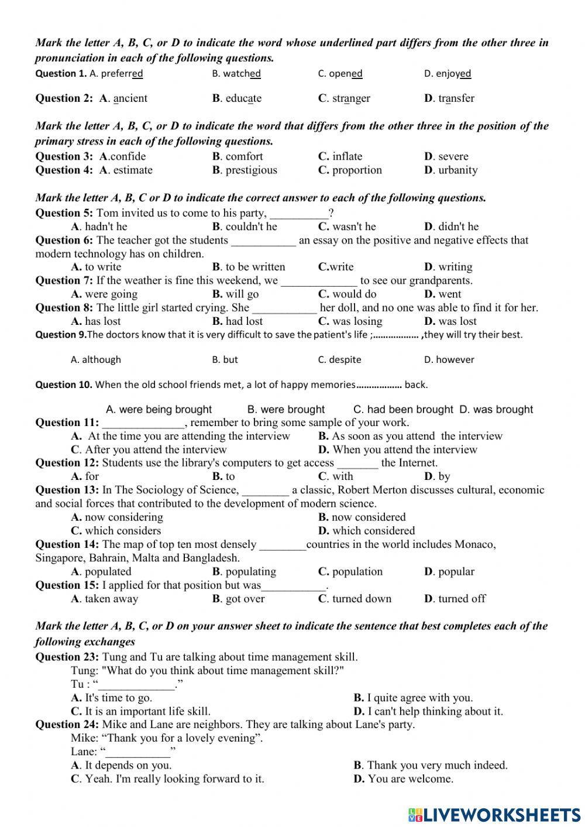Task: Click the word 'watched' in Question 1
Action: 242,74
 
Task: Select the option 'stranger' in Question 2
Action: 350,98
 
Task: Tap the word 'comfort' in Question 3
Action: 244,156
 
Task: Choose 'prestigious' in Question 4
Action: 251,170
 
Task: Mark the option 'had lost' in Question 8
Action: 244,321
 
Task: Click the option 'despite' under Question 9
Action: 345,360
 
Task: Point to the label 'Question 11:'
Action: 67,423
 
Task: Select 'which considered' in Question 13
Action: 373,531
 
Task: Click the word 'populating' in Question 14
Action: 250,572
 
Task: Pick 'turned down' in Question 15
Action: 362,599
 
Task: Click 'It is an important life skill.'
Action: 147,712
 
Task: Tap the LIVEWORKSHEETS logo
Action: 494,814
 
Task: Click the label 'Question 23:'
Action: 67,657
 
